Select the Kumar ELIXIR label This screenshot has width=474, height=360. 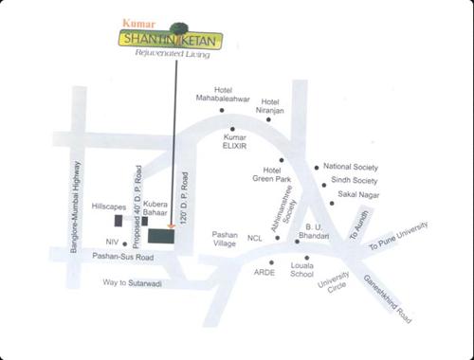pos(236,142)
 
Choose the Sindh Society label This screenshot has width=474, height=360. pos(355,180)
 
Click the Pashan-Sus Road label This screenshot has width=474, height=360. pos(117,257)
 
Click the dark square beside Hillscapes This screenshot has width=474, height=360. pos(118,221)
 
